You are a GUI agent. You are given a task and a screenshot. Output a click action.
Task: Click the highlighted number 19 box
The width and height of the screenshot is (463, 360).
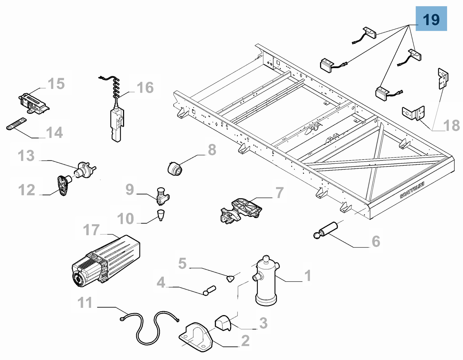[x=431, y=19]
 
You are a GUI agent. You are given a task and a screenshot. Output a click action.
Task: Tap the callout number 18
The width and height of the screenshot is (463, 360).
[x=451, y=126]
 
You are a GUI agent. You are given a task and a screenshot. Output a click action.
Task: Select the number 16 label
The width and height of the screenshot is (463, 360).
[x=145, y=87]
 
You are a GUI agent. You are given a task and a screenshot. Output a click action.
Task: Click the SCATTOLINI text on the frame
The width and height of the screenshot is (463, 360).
[x=412, y=190]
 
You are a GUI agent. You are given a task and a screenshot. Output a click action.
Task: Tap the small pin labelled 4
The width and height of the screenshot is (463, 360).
[x=210, y=290]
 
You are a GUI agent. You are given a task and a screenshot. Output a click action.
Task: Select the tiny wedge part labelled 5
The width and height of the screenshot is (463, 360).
[x=230, y=279]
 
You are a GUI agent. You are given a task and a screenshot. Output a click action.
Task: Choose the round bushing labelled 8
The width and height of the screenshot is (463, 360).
[x=175, y=169]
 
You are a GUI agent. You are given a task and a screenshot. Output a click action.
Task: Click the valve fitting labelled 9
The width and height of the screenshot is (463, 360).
[x=162, y=196]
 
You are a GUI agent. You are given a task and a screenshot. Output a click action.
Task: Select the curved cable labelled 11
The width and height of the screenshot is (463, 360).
[x=149, y=326]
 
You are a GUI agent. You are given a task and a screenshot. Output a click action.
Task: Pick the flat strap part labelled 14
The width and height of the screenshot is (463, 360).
[x=16, y=124]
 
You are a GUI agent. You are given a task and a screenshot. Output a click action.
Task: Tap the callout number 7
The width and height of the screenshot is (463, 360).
[x=279, y=193]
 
